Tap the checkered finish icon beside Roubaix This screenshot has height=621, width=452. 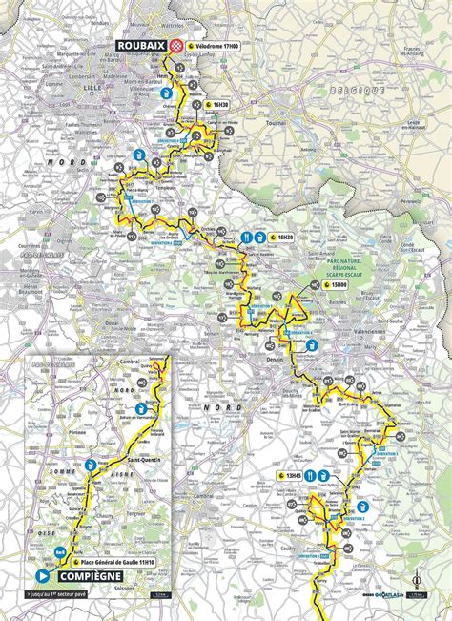pyautogui.click(x=175, y=44)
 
